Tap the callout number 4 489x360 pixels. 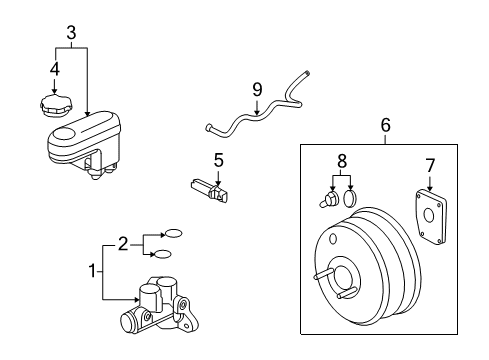tap(54, 69)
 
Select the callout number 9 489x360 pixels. tap(257, 90)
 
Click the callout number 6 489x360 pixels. tap(386, 125)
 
